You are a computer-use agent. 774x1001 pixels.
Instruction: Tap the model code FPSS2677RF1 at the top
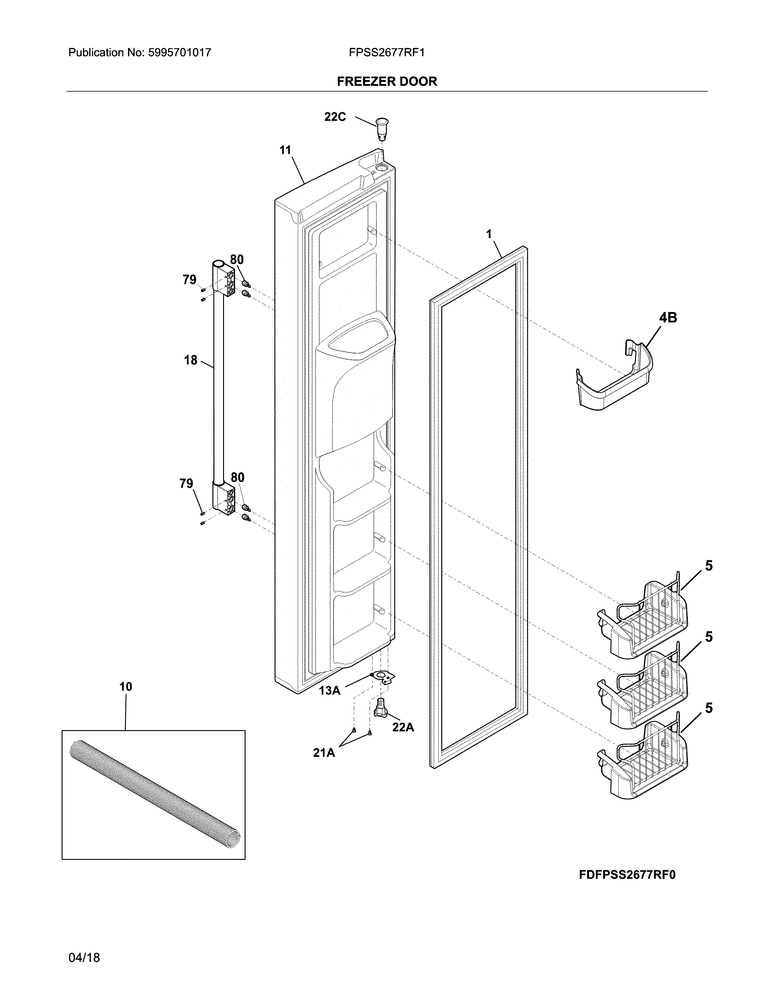(x=386, y=53)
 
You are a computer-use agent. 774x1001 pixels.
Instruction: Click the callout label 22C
(x=335, y=117)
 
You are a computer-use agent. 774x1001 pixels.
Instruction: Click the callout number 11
(x=285, y=150)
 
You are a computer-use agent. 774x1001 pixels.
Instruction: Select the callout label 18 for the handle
(x=191, y=360)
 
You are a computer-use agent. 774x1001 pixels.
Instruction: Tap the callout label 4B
(x=668, y=318)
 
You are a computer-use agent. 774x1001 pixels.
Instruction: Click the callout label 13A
(x=329, y=691)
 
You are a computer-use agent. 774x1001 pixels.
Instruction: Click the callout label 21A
(x=324, y=753)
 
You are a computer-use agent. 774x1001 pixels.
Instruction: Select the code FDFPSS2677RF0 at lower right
(x=627, y=875)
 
